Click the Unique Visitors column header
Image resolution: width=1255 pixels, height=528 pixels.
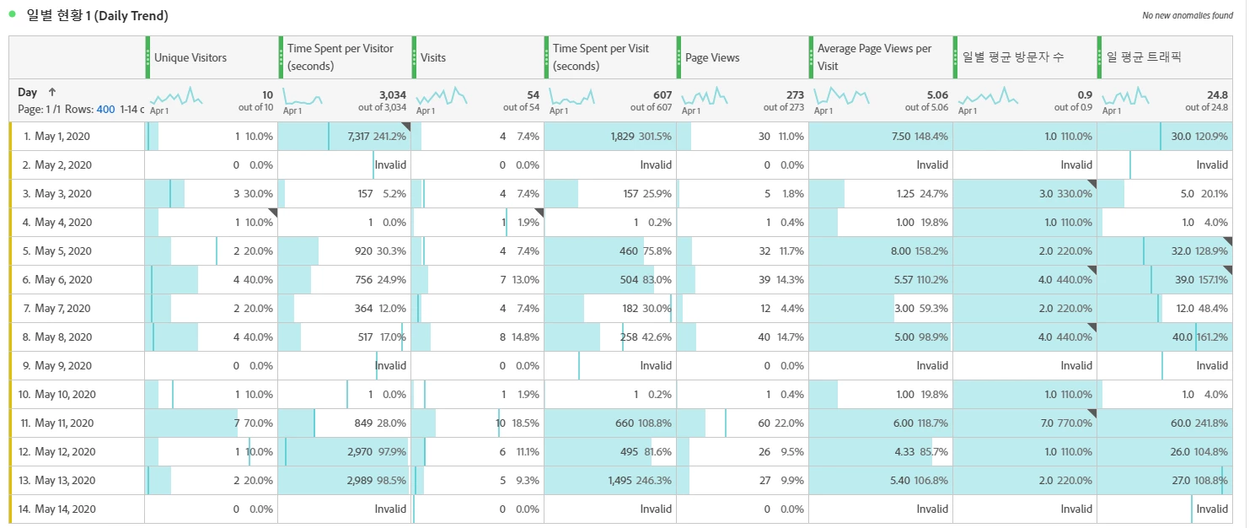click(x=190, y=57)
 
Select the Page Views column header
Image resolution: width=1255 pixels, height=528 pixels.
click(x=712, y=57)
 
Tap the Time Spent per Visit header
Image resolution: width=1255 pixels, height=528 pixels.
click(x=601, y=57)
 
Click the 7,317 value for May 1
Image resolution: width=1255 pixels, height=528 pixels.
click(x=357, y=137)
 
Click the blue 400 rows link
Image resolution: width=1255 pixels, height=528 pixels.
click(x=105, y=110)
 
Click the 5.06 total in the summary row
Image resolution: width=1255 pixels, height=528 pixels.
click(x=936, y=94)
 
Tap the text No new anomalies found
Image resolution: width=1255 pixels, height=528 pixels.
click(x=1187, y=15)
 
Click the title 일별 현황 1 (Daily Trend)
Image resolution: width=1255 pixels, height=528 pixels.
click(x=98, y=16)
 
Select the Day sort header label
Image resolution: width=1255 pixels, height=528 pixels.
click(x=28, y=93)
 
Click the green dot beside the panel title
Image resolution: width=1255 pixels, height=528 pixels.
click(x=13, y=14)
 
